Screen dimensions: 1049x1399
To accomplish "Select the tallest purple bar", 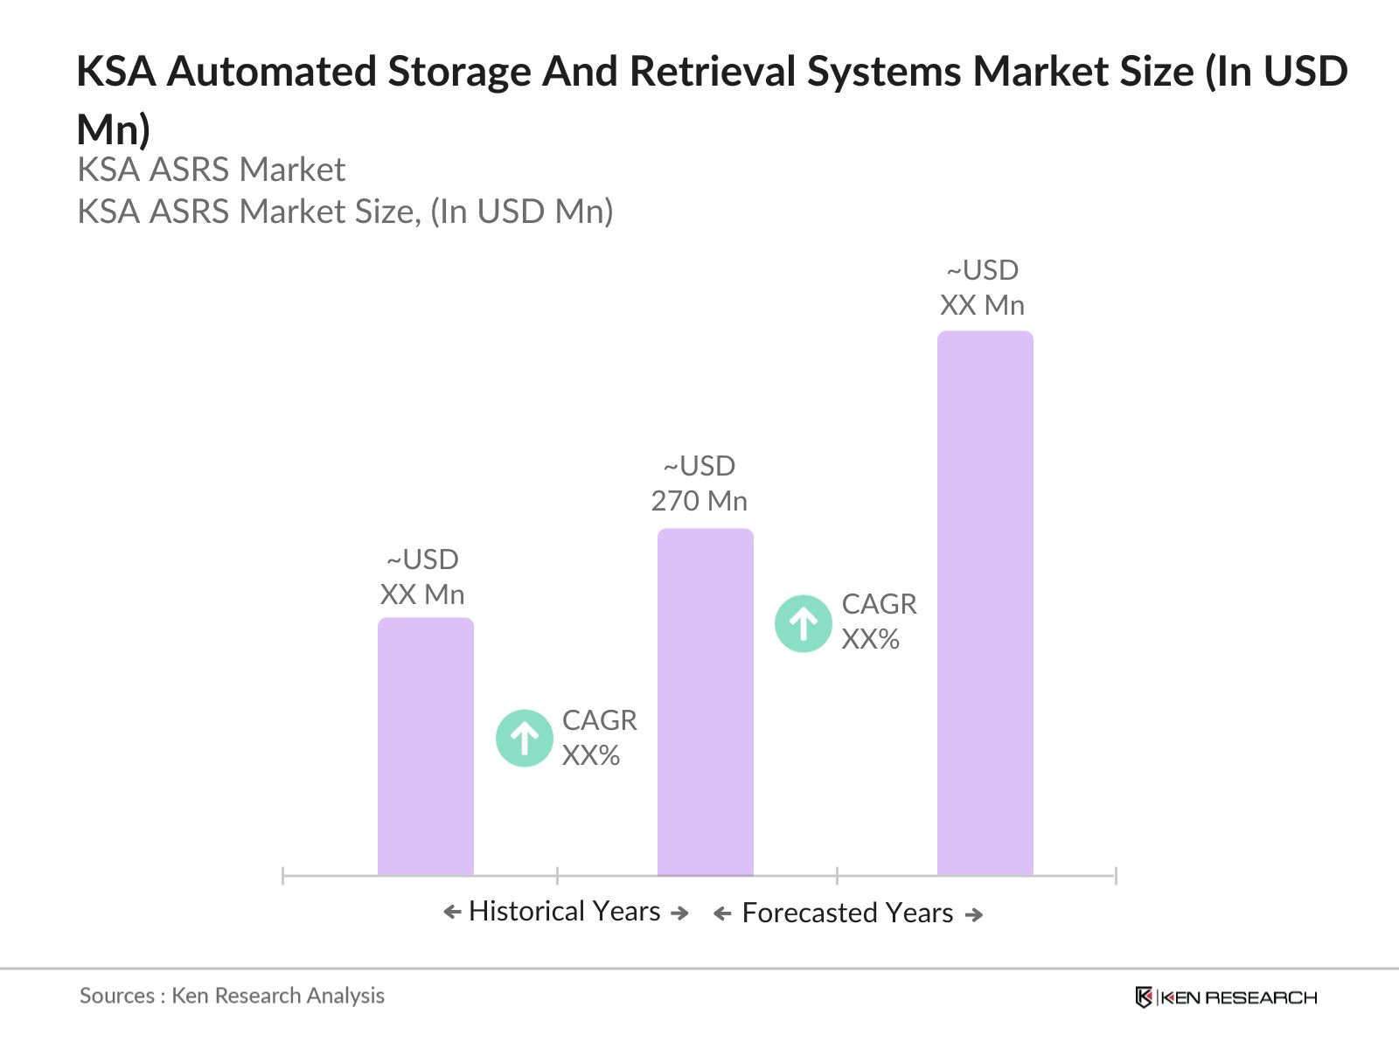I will [x=985, y=603].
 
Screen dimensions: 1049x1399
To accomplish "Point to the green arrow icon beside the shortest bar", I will [x=525, y=738].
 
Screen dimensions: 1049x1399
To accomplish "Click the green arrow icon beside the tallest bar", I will [x=803, y=623].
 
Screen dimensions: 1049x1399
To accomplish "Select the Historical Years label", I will [x=564, y=911].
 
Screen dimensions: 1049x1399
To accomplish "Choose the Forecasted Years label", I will [x=847, y=913].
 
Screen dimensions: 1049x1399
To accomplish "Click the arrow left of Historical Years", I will [x=452, y=913].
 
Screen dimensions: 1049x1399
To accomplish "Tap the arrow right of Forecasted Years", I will [x=974, y=914].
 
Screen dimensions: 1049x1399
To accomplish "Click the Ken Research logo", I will [x=1226, y=997].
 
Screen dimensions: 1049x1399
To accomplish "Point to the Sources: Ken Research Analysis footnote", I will [x=232, y=996].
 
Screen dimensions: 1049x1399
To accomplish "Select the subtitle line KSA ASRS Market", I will [x=212, y=170].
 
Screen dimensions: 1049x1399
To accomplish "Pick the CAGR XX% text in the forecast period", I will [x=879, y=622].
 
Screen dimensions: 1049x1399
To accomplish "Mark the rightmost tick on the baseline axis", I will [x=1116, y=875].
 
